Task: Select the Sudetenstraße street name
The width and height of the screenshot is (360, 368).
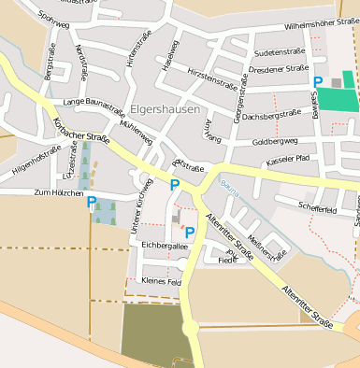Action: pyautogui.click(x=281, y=53)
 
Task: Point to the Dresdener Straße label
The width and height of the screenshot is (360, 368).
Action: pyautogui.click(x=279, y=68)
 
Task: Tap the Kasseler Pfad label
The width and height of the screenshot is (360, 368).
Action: pyautogui.click(x=288, y=160)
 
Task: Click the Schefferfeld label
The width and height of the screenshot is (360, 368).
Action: pyautogui.click(x=318, y=208)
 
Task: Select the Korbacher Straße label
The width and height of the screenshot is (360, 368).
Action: pyautogui.click(x=82, y=130)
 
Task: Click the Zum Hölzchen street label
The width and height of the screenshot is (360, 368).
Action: pyautogui.click(x=52, y=191)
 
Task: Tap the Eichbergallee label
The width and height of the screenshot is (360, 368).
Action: pyautogui.click(x=165, y=244)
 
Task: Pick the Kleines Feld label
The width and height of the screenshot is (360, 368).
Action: pyautogui.click(x=160, y=280)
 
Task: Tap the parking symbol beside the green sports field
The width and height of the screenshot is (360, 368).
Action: pyautogui.click(x=318, y=82)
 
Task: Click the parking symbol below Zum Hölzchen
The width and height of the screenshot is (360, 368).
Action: pyautogui.click(x=91, y=201)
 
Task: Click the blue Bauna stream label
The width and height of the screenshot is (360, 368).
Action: pyautogui.click(x=231, y=186)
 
